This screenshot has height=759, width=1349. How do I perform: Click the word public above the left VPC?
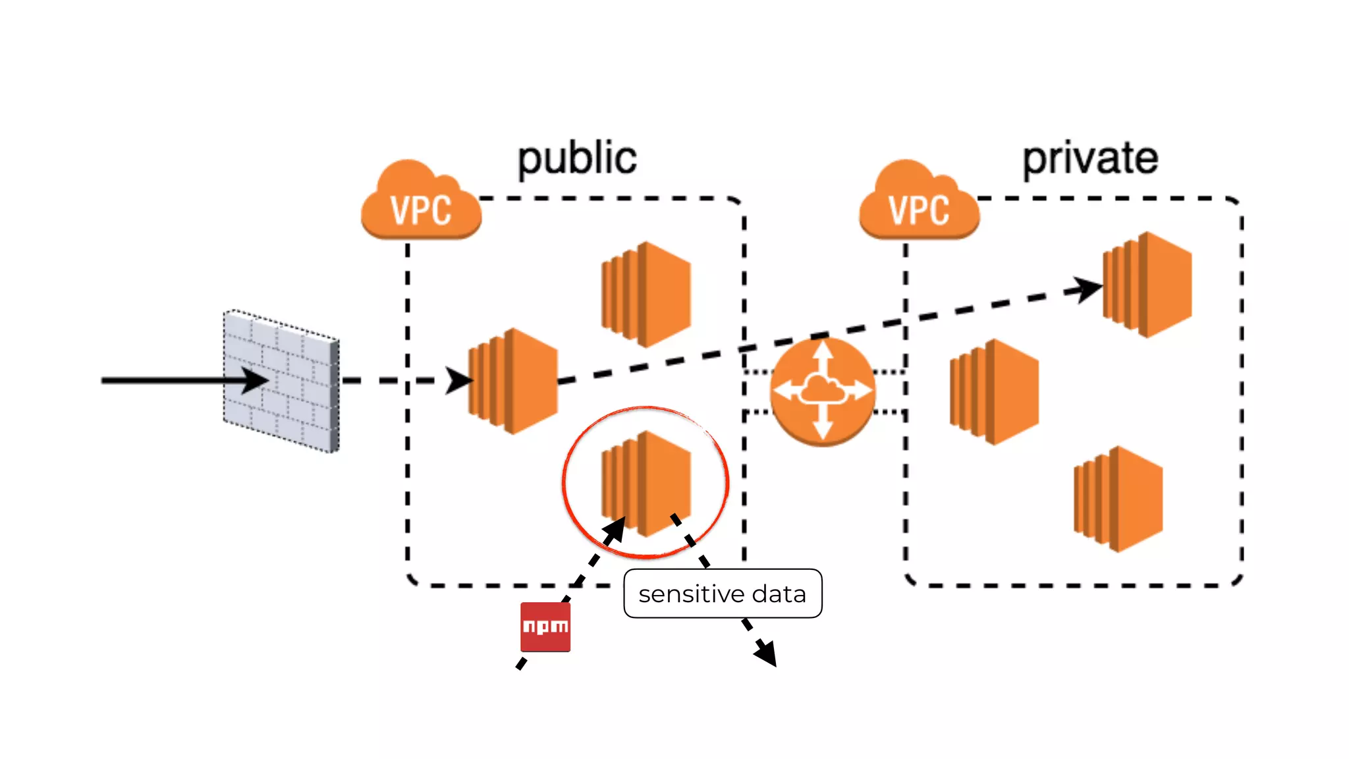coord(577,159)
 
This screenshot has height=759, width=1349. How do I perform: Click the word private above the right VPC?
coord(1089,159)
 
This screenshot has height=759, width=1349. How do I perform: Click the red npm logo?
coord(545,627)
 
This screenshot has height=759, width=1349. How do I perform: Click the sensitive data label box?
coord(723,594)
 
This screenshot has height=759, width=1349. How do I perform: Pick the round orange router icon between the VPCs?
coord(823,391)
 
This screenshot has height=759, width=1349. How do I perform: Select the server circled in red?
coord(646,483)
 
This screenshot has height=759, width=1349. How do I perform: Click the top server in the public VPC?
coord(646,294)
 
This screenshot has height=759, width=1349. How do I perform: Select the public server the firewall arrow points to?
coord(512,381)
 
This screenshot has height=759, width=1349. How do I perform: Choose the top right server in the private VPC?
coord(1147,285)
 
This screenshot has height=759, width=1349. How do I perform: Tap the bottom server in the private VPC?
coord(1118,499)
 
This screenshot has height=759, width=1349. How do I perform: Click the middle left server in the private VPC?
coord(994,391)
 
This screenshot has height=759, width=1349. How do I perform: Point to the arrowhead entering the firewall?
coord(256,380)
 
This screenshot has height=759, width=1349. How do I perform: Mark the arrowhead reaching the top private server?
coord(1086,289)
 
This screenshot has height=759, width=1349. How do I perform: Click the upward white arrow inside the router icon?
coord(823,356)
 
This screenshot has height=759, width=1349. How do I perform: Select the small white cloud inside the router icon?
coord(822,391)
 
